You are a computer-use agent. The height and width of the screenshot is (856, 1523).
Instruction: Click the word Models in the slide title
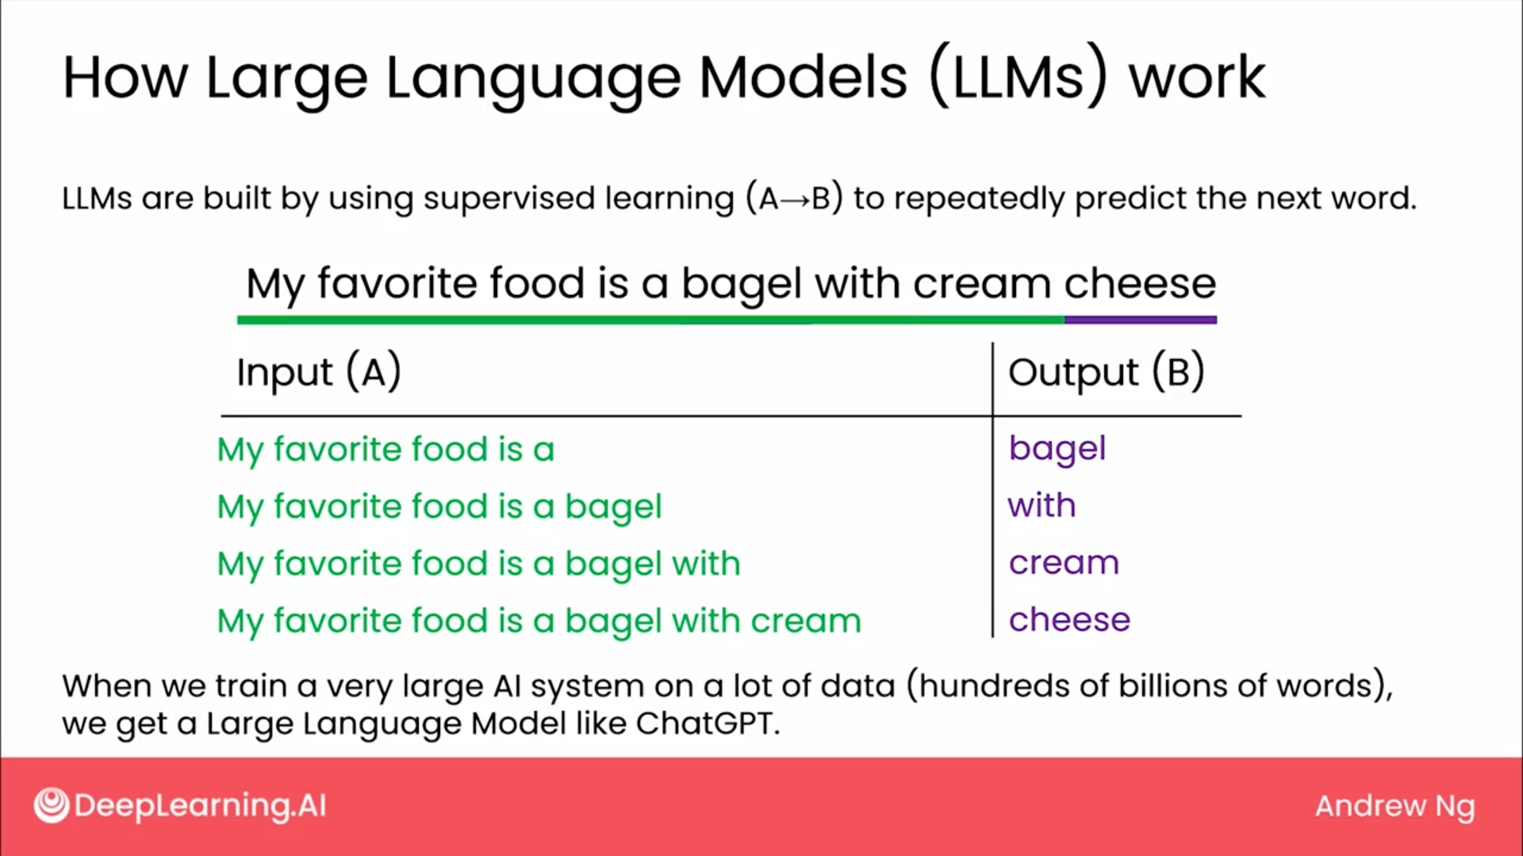pos(803,78)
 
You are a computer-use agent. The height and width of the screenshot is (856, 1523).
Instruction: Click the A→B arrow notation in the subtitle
pos(793,198)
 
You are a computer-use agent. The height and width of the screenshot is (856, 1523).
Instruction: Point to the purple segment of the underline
pos(1140,320)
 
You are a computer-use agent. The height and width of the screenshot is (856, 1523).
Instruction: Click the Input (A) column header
pos(319,372)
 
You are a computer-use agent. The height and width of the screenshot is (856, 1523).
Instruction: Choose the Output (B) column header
pos(1107,372)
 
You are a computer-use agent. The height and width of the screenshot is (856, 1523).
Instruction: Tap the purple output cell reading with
pos(1042,505)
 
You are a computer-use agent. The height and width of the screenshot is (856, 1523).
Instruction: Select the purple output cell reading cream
pos(1064,563)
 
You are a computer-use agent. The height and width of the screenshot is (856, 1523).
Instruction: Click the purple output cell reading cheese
pos(1069,619)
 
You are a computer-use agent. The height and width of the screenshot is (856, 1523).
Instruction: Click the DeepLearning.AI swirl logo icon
pos(52,805)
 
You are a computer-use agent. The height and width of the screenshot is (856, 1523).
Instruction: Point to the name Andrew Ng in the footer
pos(1394,807)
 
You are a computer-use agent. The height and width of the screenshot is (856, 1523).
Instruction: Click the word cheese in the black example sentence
pos(1140,284)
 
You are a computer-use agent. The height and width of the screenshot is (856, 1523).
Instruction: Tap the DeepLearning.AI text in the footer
pos(200,806)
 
